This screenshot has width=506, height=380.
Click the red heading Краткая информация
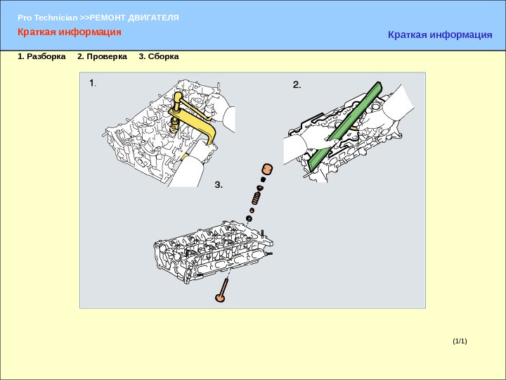tap(70, 32)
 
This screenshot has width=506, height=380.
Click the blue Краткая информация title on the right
tap(440, 34)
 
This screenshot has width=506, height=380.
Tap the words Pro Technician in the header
tap(48, 18)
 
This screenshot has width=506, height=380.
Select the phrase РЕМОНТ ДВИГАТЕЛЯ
tap(134, 18)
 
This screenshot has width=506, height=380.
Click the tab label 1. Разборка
tap(41, 56)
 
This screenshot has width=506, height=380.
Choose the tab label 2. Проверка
tap(102, 56)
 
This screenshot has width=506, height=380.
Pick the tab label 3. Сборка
tap(158, 56)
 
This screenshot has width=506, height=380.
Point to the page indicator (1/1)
tap(460, 341)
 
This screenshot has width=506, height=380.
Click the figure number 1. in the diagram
tap(93, 83)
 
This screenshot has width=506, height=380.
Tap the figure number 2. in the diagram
tap(297, 84)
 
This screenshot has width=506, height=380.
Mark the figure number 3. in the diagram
tap(219, 185)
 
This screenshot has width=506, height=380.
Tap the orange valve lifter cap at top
tap(267, 169)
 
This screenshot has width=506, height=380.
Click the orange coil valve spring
tap(256, 198)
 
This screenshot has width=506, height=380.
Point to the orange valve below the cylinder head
tap(222, 291)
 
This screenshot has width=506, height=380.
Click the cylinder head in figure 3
tap(213, 252)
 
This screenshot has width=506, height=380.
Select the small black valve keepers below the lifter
tap(263, 179)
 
